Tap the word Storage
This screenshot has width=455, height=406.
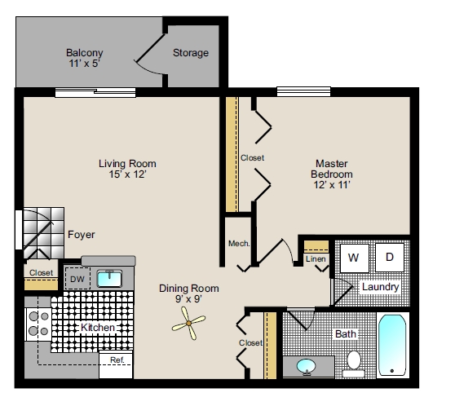pyautogui.click(x=190, y=53)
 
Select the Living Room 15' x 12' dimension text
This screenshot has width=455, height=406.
pyautogui.click(x=126, y=174)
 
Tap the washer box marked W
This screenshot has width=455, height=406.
pyautogui.click(x=354, y=258)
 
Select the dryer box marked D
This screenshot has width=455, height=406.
pyautogui.click(x=389, y=258)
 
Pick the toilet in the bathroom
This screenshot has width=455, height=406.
pyautogui.click(x=354, y=360)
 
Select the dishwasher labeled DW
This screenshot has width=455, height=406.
pyautogui.click(x=77, y=280)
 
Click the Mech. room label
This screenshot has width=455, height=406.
pyautogui.click(x=238, y=243)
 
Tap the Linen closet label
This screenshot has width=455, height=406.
pyautogui.click(x=316, y=259)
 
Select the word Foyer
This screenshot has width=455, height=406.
pyautogui.click(x=81, y=235)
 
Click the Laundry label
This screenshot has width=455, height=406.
pyautogui.click(x=380, y=287)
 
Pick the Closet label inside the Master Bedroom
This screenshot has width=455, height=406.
pyautogui.click(x=252, y=157)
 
